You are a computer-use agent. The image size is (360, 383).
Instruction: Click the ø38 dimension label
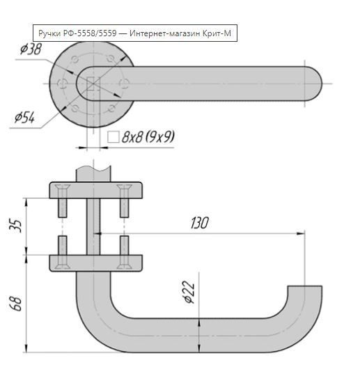(31, 49)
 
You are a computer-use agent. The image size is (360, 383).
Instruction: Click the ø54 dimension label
(24, 118)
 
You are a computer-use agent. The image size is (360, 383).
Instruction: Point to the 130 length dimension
(200, 223)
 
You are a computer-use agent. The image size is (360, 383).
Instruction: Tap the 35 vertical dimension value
(15, 226)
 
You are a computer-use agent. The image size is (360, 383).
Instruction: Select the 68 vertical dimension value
(15, 304)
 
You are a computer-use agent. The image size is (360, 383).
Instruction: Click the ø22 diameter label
(189, 292)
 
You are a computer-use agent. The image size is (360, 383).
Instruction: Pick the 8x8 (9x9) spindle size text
(148, 136)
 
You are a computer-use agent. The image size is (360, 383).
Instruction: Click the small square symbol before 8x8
(114, 136)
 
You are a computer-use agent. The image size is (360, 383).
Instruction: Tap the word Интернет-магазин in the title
(165, 33)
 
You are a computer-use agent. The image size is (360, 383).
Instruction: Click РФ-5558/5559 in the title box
(90, 33)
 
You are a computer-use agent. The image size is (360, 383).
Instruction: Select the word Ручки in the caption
(49, 33)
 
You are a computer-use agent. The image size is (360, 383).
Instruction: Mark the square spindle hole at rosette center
(93, 84)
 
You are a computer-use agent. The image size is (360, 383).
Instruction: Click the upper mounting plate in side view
(96, 190)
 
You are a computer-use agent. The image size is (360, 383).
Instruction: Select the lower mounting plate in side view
(96, 263)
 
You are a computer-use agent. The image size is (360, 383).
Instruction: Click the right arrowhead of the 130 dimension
(301, 234)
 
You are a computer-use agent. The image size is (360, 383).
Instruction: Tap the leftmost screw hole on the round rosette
(62, 84)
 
